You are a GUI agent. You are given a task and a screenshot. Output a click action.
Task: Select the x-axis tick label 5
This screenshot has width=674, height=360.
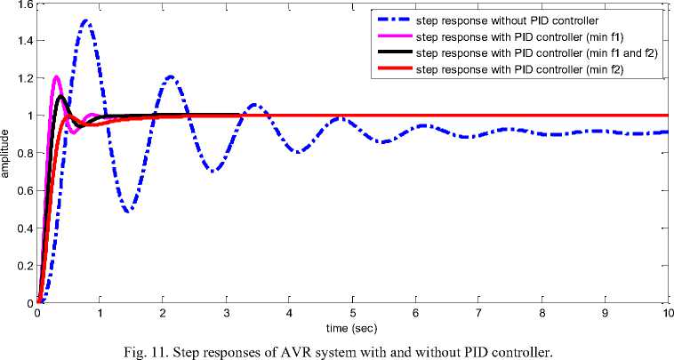click(353, 313)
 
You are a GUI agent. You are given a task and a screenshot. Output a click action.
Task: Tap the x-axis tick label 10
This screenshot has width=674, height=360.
click(666, 313)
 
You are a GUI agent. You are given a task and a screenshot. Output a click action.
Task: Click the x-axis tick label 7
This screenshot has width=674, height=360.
click(478, 313)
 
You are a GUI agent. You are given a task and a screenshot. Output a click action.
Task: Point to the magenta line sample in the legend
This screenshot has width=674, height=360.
click(389, 37)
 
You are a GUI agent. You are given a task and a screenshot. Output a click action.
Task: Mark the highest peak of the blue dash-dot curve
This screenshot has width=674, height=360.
click(85, 20)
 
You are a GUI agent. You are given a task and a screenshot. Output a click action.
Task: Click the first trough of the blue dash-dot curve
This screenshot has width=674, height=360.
click(130, 211)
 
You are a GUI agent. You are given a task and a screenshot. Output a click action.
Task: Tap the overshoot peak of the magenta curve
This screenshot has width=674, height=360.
click(56, 76)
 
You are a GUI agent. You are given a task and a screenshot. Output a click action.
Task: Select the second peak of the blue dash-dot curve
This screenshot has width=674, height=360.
click(171, 76)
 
